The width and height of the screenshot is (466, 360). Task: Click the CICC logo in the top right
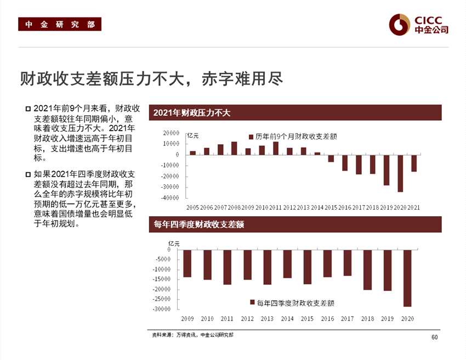pos(418,24)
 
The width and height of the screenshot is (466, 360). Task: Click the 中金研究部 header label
pos(59,25)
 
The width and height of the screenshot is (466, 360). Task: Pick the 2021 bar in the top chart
pos(414,163)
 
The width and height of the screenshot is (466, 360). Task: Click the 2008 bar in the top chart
pos(234,148)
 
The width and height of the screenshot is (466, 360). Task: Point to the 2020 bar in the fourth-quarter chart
pos(407,278)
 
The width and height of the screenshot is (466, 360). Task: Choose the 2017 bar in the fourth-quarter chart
pos(348,263)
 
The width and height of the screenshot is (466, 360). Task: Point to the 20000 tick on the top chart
pos(171,133)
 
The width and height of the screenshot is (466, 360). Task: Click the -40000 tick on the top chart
pos(170,198)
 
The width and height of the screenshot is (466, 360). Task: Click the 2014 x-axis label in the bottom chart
pos(287,319)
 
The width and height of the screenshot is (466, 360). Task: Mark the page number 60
pos(435,337)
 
